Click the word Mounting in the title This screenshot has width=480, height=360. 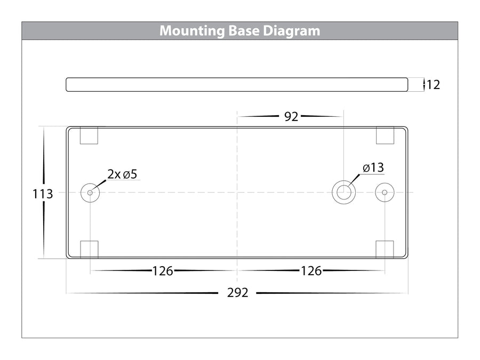coord(192,31)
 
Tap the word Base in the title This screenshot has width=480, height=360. coord(244,31)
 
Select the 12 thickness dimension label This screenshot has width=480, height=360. coord(433,85)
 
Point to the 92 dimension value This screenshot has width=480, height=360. coord(291,117)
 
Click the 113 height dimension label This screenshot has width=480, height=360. coord(43,194)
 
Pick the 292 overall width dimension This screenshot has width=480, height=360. coord(237,293)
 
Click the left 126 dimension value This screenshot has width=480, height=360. coord(163,271)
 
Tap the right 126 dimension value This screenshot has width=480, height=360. coord(311,271)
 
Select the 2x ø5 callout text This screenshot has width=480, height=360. coord(122,174)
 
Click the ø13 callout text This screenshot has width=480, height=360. coord(373,168)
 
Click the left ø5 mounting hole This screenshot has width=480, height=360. coord(90,193)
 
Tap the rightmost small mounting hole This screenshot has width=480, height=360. coord(385,193)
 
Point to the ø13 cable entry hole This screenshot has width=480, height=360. coord(344,193)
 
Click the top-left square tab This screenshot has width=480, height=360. coord(89,135)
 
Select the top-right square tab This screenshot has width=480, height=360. coord(385,135)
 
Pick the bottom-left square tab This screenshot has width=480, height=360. coord(90,250)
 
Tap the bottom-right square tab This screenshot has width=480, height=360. coord(385,250)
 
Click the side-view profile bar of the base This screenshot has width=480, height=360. coord(237,84)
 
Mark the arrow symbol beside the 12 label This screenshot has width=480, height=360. coord(424,84)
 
